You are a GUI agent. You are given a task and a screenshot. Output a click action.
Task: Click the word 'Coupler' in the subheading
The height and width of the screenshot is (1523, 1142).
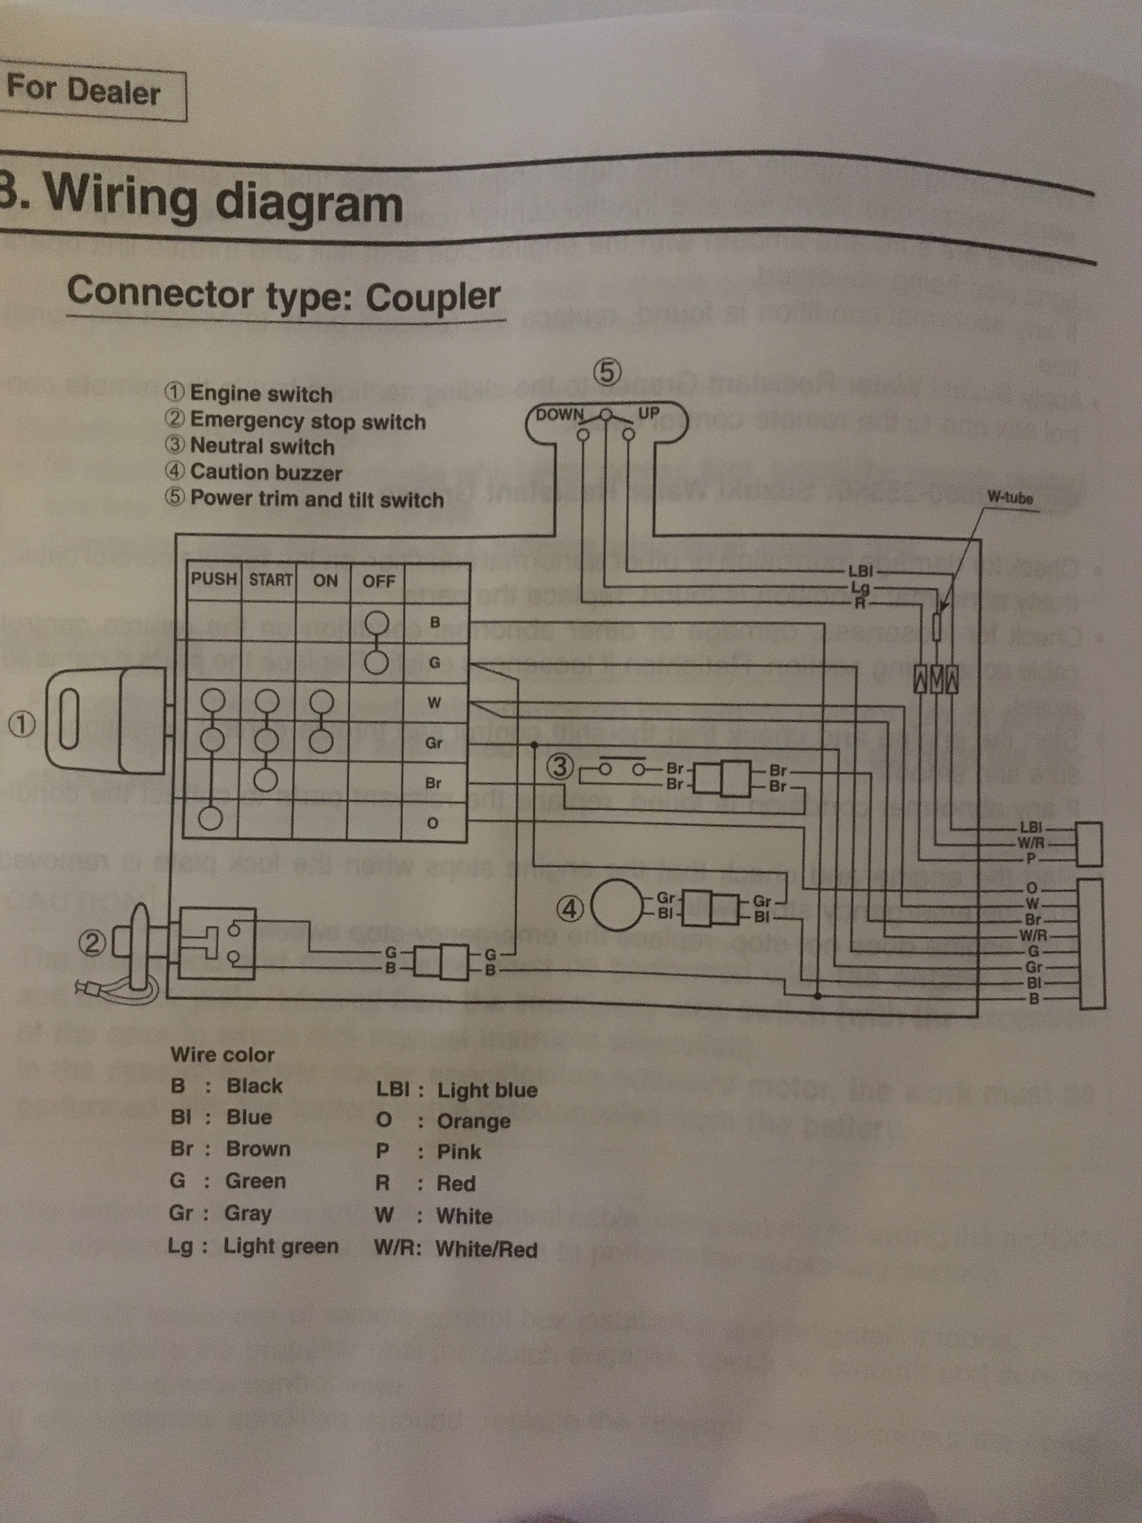tap(432, 297)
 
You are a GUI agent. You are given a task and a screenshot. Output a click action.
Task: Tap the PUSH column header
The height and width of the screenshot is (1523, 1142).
tap(213, 579)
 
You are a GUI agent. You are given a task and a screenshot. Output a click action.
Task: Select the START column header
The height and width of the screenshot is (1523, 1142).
tap(270, 580)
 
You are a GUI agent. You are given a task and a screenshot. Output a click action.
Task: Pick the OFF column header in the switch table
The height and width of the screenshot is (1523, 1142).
tap(378, 581)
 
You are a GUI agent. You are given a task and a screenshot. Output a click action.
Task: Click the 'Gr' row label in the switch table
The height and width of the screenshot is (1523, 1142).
tap(434, 744)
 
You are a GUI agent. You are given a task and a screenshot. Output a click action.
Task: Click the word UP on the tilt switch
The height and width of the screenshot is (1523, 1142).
tap(648, 413)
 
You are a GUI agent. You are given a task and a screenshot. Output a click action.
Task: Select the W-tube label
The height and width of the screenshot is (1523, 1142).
tap(1010, 497)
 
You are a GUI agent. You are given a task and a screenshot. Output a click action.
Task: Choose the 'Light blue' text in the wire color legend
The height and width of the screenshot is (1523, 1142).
tap(487, 1090)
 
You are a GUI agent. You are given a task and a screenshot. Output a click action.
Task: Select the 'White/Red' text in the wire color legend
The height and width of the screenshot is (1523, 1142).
tap(486, 1249)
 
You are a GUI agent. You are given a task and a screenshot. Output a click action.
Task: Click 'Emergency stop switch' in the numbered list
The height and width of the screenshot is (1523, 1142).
tap(308, 421)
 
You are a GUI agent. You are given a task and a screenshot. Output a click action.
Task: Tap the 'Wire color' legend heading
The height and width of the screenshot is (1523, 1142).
tap(222, 1055)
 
